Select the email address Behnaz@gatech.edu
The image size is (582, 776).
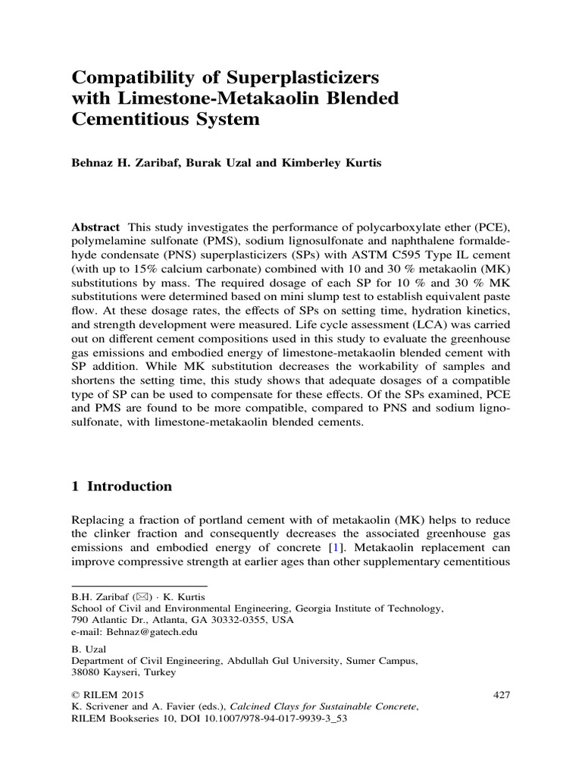click(149, 631)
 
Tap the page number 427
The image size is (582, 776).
click(502, 694)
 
